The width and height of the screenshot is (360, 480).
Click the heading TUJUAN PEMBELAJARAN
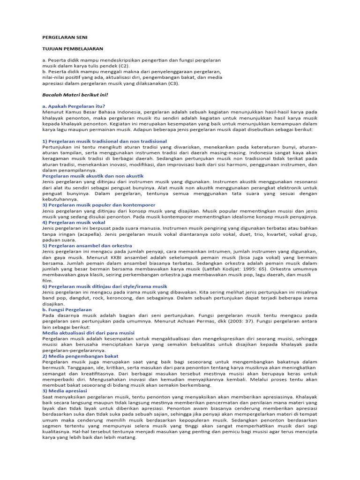tap(73, 48)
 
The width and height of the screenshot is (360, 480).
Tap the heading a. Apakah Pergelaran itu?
tap(74, 106)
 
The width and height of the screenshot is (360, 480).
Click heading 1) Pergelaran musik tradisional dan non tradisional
tap(104, 141)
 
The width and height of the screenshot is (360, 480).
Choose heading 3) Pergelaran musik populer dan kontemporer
tap(98, 205)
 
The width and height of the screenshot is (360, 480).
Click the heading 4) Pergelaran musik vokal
tap(74, 222)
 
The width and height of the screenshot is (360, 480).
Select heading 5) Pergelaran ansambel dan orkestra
tap(87, 246)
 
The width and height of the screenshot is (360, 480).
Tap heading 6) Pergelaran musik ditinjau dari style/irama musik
tap(105, 286)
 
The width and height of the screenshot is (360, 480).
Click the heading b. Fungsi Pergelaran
tap(67, 309)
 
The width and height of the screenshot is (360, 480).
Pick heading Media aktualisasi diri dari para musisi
tap(88, 333)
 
